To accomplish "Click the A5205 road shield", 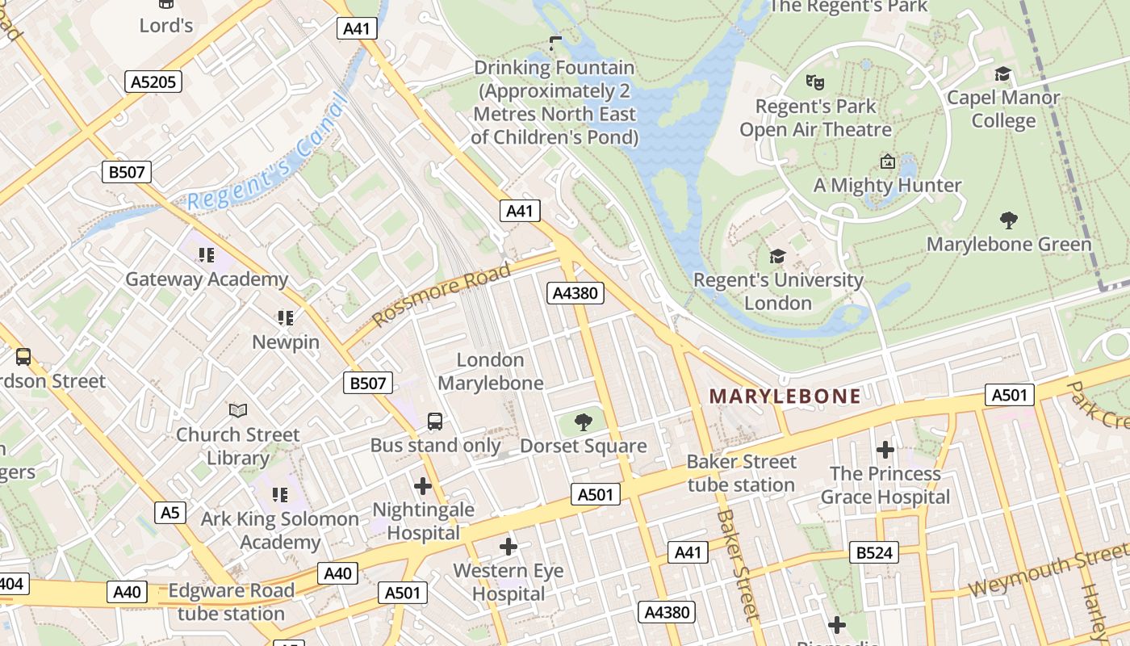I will click(x=153, y=82).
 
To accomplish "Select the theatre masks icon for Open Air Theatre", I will click(x=815, y=82).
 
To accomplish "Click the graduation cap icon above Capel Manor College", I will click(x=1002, y=74).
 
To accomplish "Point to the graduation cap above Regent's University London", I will click(x=777, y=257).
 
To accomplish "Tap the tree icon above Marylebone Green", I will click(x=1008, y=220).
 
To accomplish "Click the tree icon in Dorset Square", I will click(x=583, y=422).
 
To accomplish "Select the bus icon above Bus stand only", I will click(x=435, y=422).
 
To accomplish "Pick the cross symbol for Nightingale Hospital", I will click(x=422, y=486).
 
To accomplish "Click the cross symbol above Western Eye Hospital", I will click(x=508, y=547).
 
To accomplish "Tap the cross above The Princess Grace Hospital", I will click(x=885, y=450).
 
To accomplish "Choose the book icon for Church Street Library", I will click(x=237, y=411).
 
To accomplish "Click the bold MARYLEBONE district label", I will click(x=785, y=396).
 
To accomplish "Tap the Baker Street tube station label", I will click(x=741, y=473).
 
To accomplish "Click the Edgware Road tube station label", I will click(x=231, y=602).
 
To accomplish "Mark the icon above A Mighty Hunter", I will click(x=888, y=161).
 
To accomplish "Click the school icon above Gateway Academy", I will click(x=207, y=256).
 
